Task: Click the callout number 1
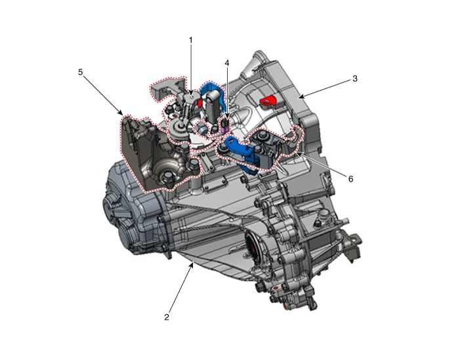[x=191, y=40]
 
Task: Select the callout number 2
[x=167, y=317]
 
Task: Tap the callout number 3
[x=355, y=79]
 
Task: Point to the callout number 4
[x=227, y=63]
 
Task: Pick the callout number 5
[x=81, y=72]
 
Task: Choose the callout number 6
[x=350, y=178]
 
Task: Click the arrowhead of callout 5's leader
[x=121, y=113]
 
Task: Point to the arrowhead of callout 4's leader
[x=227, y=119]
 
